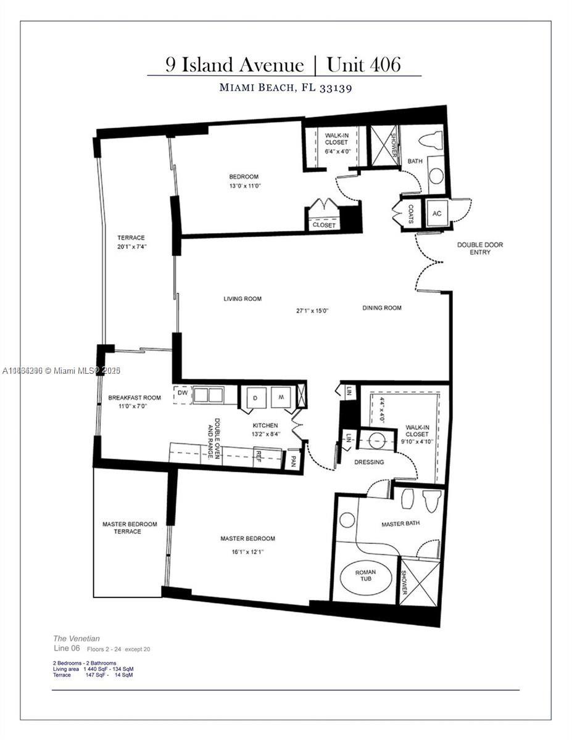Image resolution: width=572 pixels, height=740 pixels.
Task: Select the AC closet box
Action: (x=437, y=213)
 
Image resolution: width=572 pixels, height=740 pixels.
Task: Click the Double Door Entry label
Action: (x=479, y=249)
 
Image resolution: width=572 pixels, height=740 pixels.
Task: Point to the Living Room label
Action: (x=242, y=299)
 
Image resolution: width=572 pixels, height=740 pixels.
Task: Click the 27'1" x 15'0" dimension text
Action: (x=312, y=311)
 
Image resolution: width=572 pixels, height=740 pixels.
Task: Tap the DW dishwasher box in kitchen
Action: (x=182, y=393)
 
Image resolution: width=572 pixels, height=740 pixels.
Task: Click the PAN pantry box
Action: (x=293, y=459)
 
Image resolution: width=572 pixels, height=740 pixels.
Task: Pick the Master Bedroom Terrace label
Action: (x=130, y=528)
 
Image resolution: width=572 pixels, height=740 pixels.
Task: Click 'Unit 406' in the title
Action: (x=363, y=65)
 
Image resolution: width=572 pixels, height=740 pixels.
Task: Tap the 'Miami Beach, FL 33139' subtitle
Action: (x=286, y=88)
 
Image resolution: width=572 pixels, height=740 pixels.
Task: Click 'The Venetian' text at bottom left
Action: (x=77, y=639)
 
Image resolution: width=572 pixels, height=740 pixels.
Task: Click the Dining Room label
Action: (x=382, y=308)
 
